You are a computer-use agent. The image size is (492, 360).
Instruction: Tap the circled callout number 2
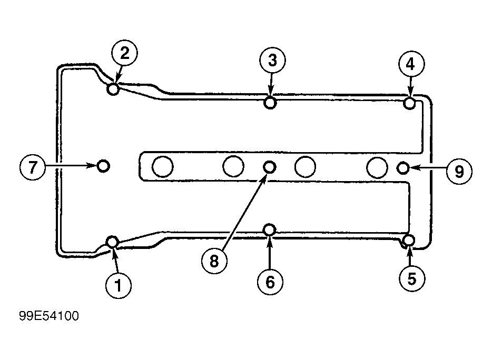(124, 53)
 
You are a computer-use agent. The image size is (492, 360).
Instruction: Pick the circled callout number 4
(411, 64)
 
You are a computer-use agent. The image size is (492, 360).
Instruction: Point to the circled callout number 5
(412, 279)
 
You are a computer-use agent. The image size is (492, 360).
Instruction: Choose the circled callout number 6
(270, 282)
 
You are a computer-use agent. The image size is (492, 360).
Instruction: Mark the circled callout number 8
(214, 262)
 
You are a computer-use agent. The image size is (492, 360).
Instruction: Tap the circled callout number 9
(459, 171)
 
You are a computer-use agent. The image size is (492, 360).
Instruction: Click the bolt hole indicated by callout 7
(104, 166)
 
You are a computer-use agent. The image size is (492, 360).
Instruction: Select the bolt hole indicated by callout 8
(269, 167)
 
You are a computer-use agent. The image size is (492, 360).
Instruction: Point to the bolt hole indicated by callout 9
(403, 168)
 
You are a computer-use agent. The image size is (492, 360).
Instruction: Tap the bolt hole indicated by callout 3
(270, 102)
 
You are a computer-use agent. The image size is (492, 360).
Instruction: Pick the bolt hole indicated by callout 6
(269, 229)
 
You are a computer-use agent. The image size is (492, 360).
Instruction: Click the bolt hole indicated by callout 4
(410, 103)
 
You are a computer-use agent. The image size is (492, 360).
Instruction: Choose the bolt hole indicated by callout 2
(113, 89)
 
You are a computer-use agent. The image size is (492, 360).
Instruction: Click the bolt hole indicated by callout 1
(112, 242)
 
